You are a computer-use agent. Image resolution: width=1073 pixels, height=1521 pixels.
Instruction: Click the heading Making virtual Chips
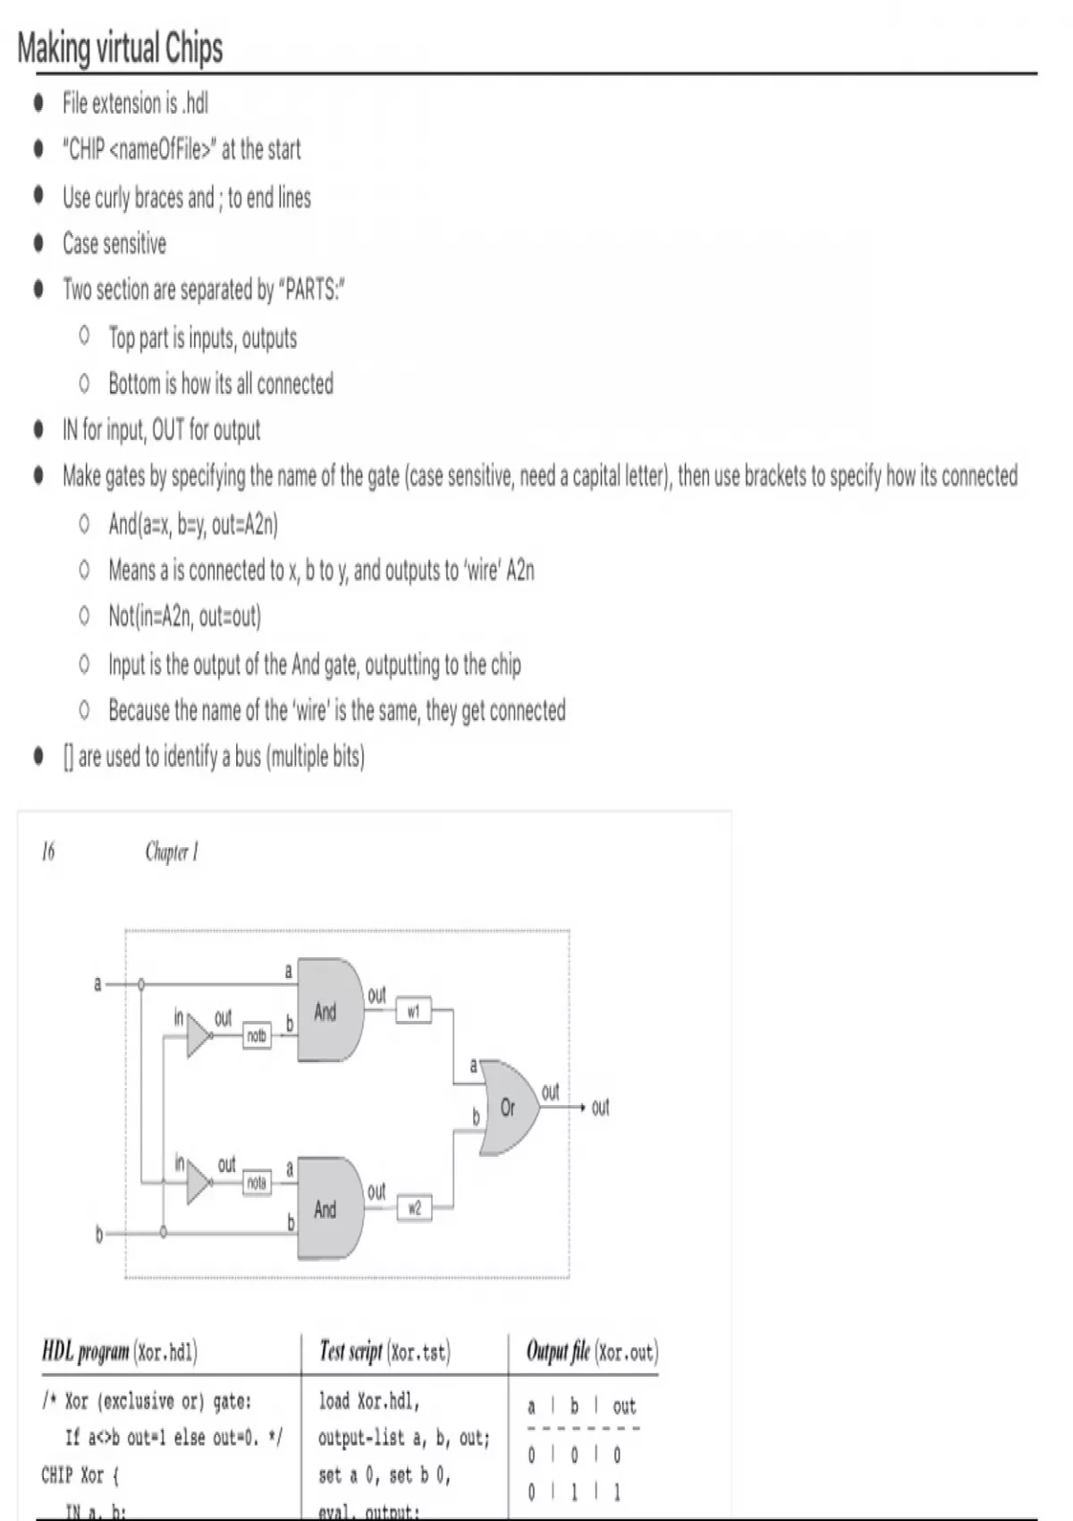pyautogui.click(x=120, y=47)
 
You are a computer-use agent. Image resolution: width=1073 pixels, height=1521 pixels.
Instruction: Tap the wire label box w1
pyautogui.click(x=413, y=1011)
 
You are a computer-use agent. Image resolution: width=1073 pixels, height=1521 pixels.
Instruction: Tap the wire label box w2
pyautogui.click(x=414, y=1208)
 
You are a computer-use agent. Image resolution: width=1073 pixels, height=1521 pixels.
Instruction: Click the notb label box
pyautogui.click(x=257, y=1036)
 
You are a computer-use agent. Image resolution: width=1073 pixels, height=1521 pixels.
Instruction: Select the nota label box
pyautogui.click(x=257, y=1183)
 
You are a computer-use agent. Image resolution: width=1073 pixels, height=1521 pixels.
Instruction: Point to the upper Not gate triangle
pyautogui.click(x=198, y=1037)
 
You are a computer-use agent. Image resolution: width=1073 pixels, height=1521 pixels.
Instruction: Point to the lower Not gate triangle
pyautogui.click(x=198, y=1184)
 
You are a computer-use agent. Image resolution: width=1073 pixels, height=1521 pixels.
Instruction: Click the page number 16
pyautogui.click(x=48, y=851)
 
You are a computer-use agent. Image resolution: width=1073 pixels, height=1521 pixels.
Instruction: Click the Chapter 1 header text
pyautogui.click(x=172, y=852)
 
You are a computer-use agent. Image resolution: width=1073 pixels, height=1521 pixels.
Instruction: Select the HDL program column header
pyautogui.click(x=120, y=1351)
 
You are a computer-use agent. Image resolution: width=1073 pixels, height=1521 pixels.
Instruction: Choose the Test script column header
pyautogui.click(x=385, y=1351)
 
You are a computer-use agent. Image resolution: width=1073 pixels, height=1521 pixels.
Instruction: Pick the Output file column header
pyautogui.click(x=592, y=1351)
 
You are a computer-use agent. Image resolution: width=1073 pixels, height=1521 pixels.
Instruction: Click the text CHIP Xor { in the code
pyautogui.click(x=80, y=1474)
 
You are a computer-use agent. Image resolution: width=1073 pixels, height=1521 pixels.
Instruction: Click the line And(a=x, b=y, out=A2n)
pyautogui.click(x=193, y=523)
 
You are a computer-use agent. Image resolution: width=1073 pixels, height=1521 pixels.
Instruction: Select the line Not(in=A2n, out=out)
pyautogui.click(x=185, y=616)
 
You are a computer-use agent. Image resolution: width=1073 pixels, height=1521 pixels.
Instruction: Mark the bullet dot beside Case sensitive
pyautogui.click(x=38, y=243)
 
